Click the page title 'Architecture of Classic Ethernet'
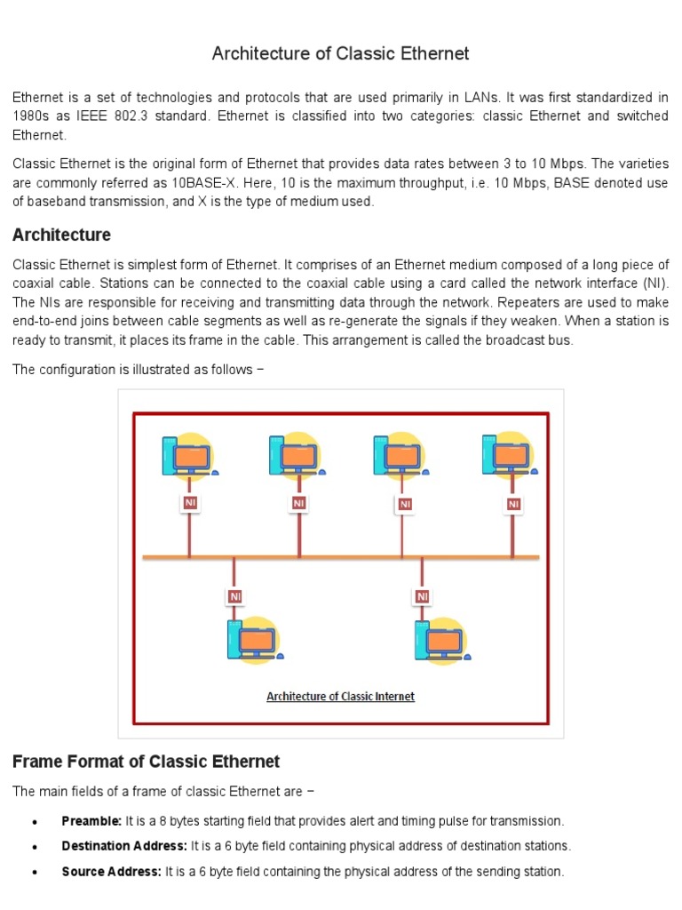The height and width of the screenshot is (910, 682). [340, 54]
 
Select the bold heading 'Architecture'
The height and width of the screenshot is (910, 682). [61, 235]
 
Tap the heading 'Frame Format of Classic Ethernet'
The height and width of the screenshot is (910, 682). [146, 762]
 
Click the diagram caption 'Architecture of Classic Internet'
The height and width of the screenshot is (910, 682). [340, 696]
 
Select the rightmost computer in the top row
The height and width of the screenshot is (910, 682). [508, 455]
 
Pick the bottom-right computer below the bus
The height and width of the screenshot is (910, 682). [440, 640]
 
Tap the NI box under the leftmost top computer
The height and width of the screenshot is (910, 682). [190, 503]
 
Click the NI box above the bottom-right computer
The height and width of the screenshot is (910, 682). [422, 596]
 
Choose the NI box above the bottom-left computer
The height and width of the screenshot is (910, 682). [234, 596]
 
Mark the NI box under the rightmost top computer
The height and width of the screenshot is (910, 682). [513, 504]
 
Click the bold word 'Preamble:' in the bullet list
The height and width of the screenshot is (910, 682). [91, 820]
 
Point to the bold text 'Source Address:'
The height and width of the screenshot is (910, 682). [111, 872]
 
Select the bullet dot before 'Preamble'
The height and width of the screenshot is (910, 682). [34, 822]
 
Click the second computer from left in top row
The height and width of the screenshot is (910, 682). [295, 455]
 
